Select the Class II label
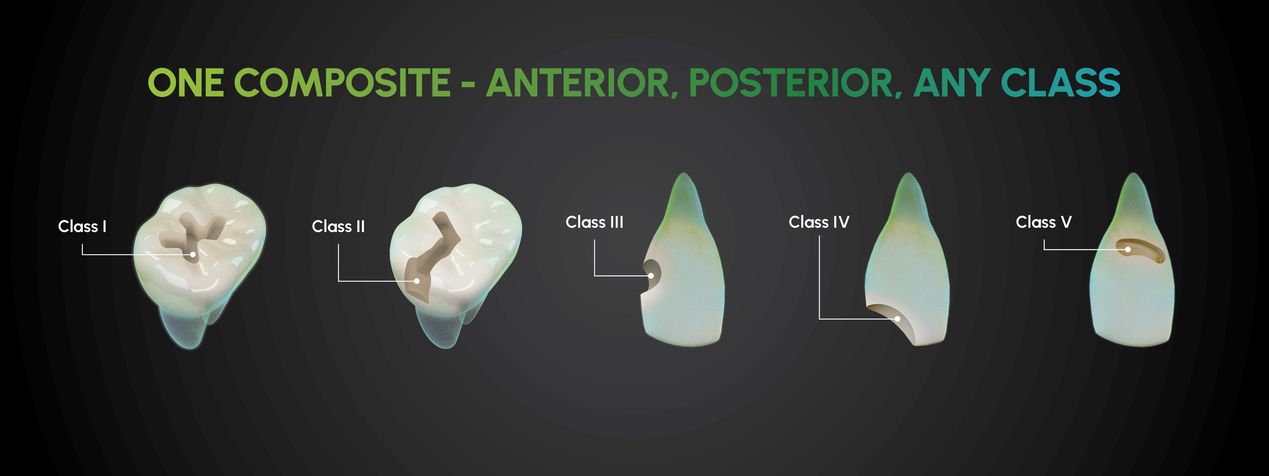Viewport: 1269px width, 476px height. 338,227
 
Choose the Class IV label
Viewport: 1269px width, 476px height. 819,222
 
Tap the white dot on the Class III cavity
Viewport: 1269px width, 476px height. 651,276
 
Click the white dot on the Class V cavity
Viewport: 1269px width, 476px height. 1128,249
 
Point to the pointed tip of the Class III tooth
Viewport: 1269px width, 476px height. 683,173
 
